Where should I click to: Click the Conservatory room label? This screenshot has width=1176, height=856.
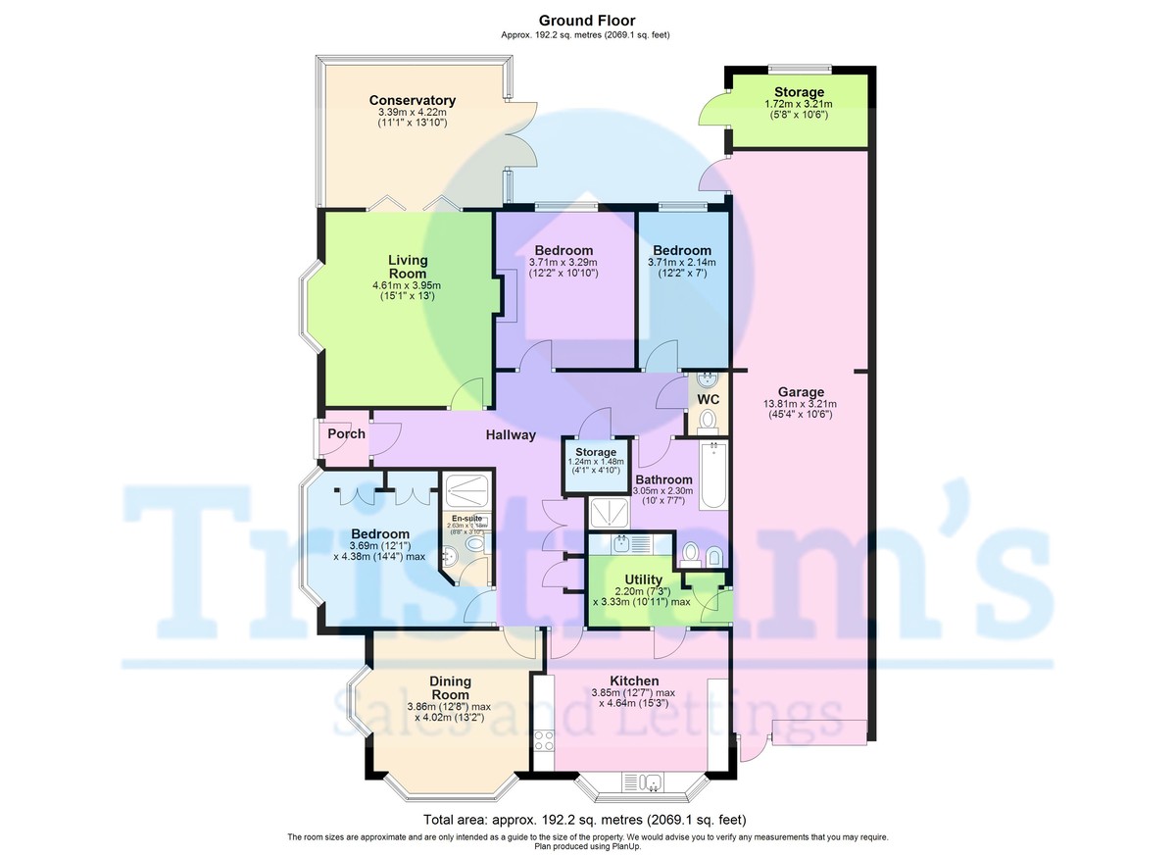[412, 100]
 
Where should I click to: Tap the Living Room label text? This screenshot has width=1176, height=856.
[408, 267]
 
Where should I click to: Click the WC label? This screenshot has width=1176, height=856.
[709, 399]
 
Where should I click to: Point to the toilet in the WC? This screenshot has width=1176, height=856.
[709, 421]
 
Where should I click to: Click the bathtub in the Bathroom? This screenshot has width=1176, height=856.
[713, 476]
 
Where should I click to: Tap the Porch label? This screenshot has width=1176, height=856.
[346, 433]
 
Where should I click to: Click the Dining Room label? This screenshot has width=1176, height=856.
[450, 687]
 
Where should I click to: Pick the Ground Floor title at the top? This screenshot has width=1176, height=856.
[587, 20]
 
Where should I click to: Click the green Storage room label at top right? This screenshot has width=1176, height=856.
[799, 92]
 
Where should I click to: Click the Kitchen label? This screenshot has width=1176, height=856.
[634, 680]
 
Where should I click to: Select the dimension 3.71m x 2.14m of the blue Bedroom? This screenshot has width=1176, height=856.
[682, 262]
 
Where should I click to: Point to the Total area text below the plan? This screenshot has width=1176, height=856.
[587, 819]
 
